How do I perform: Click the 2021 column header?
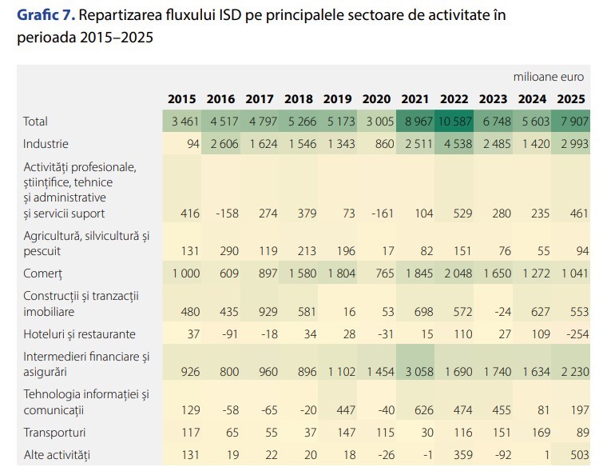[415, 99]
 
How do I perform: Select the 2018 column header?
[299, 99]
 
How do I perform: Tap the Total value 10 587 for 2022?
[454, 122]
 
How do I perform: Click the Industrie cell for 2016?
[224, 144]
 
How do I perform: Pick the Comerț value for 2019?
[342, 273]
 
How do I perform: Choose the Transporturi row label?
[54, 433]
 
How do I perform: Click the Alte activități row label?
[57, 455]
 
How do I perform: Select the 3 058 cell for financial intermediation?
[419, 372]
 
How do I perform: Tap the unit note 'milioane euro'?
[549, 77]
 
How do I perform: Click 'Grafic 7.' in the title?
[46, 15]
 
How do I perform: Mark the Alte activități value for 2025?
[580, 455]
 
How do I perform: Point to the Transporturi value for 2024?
[541, 433]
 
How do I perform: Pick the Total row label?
[35, 122]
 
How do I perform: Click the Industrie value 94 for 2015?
[193, 144]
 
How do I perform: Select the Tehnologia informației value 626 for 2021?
[424, 410]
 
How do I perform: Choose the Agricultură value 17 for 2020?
[388, 251]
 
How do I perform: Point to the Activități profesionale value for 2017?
[268, 214]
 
